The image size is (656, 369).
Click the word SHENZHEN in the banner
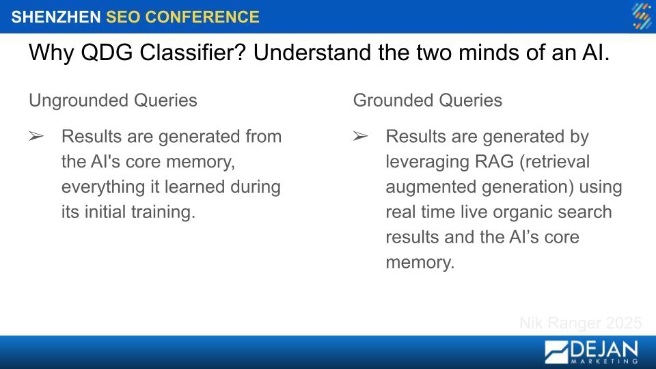tap(55, 17)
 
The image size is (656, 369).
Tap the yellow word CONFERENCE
tap(202, 17)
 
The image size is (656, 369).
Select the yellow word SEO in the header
tap(123, 17)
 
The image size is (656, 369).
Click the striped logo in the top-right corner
tap(642, 16)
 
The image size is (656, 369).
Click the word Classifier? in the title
tap(193, 53)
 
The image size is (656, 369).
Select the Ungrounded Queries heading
tap(113, 100)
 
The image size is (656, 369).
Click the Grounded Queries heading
tap(428, 100)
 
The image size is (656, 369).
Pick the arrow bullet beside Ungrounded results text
tap(36, 137)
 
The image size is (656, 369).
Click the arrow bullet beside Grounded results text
tap(360, 137)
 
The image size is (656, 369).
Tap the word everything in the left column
tap(103, 187)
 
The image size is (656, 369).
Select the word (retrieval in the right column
tap(554, 162)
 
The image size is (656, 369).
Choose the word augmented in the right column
tap(431, 187)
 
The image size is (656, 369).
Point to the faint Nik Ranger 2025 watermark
tap(581, 323)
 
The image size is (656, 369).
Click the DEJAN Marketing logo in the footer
tap(591, 352)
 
